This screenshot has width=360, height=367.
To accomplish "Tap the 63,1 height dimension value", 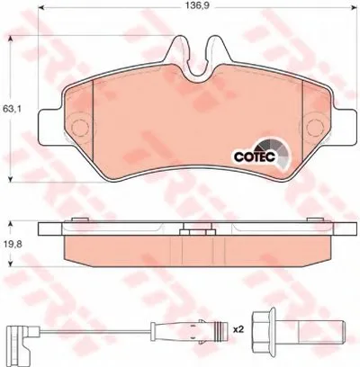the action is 12,110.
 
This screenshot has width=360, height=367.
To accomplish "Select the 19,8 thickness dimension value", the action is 12,244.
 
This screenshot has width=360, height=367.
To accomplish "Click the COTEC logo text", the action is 255,157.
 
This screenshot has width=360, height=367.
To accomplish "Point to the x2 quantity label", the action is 238,330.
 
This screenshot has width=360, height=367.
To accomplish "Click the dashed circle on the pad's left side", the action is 81,127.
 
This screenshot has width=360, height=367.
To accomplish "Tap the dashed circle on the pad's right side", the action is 314,127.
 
